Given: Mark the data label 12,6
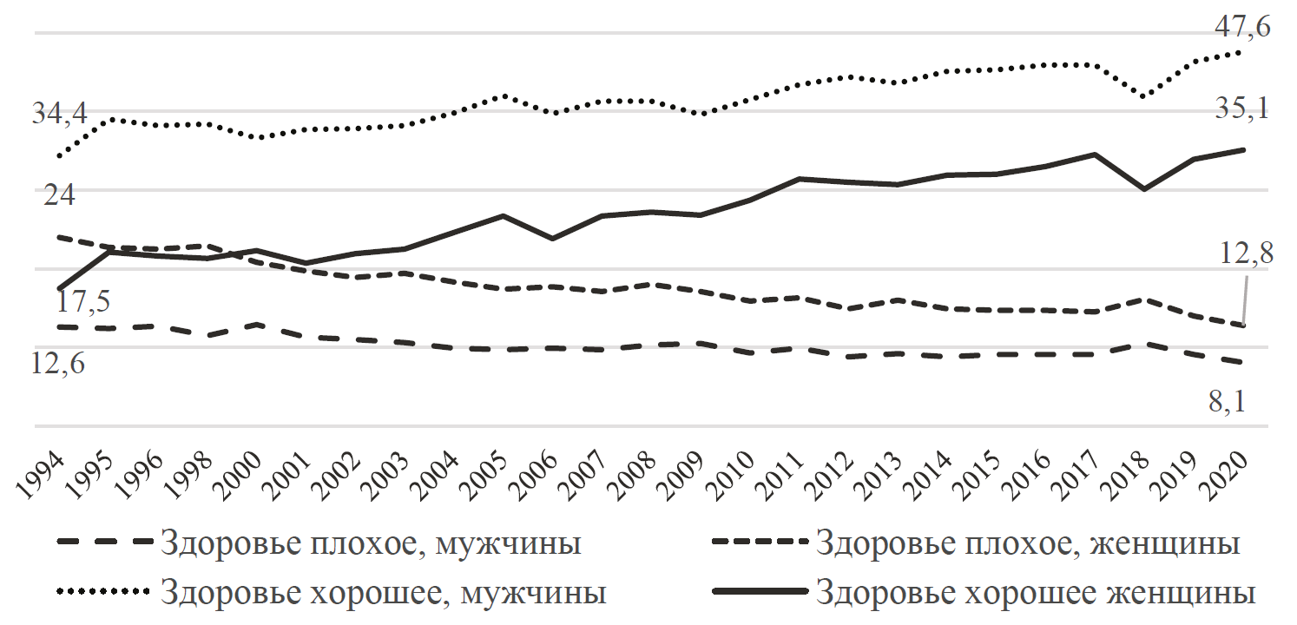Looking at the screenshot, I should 58,364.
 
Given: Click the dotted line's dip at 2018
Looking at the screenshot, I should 1144,95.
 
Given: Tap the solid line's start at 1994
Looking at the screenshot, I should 59,287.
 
